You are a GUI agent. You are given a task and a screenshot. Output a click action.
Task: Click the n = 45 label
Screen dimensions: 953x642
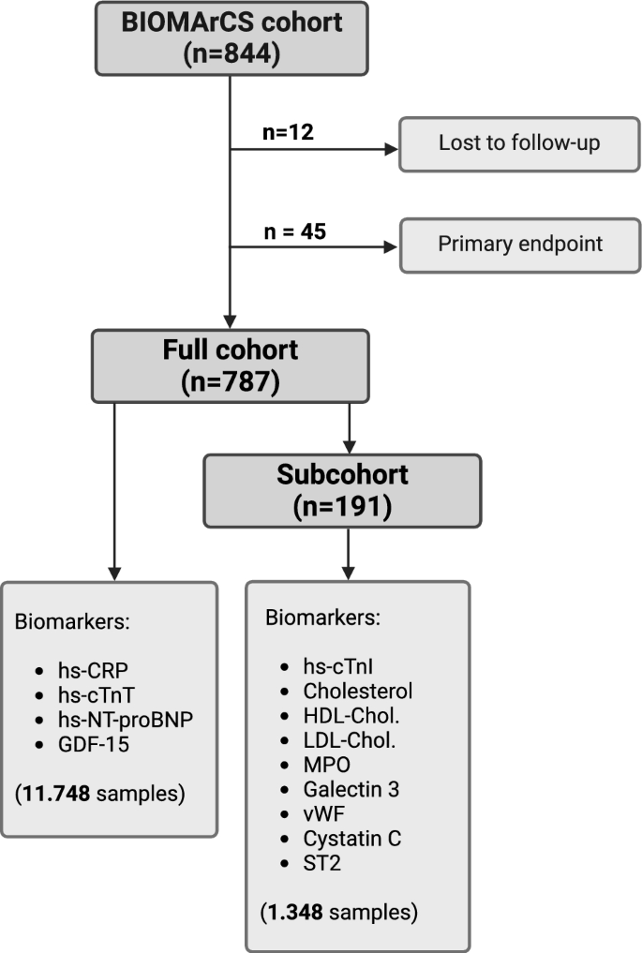pyautogui.click(x=293, y=231)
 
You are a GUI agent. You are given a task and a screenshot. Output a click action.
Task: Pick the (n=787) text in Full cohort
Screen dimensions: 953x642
pyautogui.click(x=230, y=382)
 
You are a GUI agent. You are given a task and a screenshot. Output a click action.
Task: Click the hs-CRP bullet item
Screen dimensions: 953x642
pyautogui.click(x=90, y=672)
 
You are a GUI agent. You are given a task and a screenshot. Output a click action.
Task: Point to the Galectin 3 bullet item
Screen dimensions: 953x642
pyautogui.click(x=351, y=790)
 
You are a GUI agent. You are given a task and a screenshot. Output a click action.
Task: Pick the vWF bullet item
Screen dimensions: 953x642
pyautogui.click(x=321, y=814)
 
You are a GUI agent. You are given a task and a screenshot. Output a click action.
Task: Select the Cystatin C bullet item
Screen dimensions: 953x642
pyautogui.click(x=351, y=840)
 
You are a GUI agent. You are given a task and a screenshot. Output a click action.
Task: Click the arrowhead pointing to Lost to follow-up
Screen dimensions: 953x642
pyautogui.click(x=387, y=148)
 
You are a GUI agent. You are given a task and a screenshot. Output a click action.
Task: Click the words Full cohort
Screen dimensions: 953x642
pyautogui.click(x=230, y=350)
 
